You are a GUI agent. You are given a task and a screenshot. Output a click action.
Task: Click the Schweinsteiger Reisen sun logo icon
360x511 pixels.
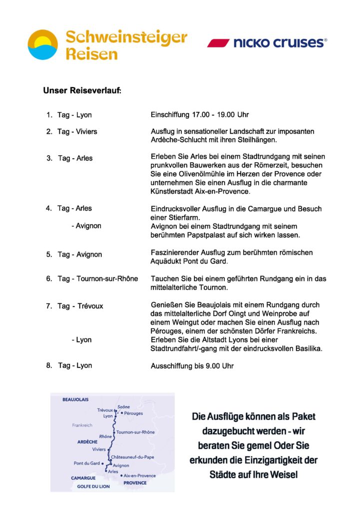click(43, 44)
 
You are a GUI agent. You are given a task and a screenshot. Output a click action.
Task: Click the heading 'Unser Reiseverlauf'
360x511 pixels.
click(82, 91)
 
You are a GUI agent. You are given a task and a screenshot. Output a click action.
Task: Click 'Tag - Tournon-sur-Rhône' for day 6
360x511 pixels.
click(97, 278)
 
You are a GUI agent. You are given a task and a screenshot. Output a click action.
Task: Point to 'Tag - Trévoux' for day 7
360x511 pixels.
click(80, 306)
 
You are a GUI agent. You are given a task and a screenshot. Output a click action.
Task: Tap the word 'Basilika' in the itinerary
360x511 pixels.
click(308, 348)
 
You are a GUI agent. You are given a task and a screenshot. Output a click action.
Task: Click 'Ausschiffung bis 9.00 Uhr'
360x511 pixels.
click(192, 366)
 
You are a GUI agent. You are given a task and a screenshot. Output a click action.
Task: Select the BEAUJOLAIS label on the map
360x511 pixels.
click(75, 400)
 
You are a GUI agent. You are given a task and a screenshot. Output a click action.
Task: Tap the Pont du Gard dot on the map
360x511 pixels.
click(102, 464)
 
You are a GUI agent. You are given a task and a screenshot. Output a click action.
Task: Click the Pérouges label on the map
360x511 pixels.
click(134, 414)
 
